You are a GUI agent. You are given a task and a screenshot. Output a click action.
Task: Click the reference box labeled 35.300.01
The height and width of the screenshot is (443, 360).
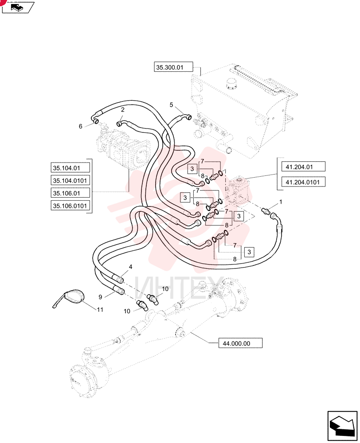[x=173, y=67]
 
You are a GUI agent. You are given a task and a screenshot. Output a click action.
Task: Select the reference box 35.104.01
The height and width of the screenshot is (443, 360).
[x=70, y=168]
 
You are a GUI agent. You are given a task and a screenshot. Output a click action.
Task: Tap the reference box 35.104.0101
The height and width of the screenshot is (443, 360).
[x=70, y=180]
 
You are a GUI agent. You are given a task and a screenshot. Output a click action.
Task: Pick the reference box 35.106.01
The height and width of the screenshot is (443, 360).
[x=70, y=193]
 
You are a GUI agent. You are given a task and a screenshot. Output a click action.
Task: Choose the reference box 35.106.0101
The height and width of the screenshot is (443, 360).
[x=70, y=206]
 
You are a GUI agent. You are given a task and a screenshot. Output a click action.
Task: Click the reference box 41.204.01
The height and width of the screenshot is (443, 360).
[x=303, y=167]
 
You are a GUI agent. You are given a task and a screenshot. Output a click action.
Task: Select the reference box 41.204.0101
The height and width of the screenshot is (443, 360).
[x=303, y=182]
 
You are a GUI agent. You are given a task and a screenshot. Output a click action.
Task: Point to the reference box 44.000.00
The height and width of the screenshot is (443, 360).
[x=240, y=343]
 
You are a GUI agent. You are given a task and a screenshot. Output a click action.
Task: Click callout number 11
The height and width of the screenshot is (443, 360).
[x=100, y=310]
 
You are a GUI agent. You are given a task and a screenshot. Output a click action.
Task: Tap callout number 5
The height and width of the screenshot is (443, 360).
[x=171, y=105]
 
